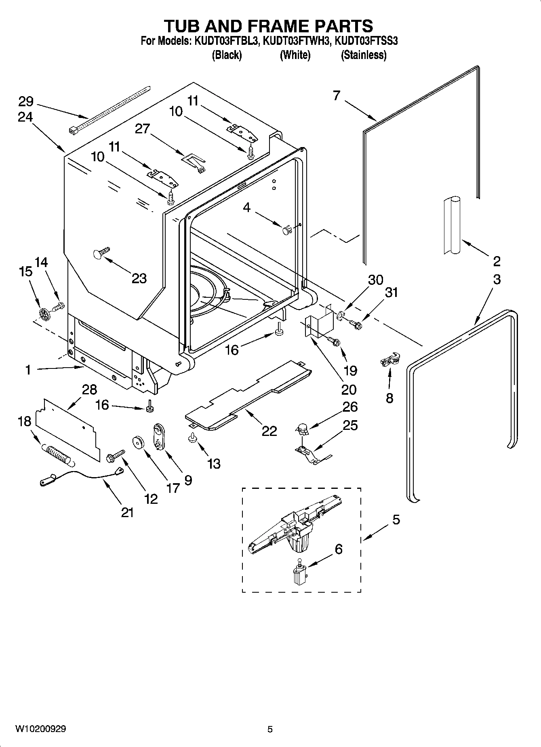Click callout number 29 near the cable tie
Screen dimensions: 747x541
coord(25,101)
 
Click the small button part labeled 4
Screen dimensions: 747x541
coord(286,231)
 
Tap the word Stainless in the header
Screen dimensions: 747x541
coord(364,55)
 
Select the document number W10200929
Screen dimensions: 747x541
coord(41,729)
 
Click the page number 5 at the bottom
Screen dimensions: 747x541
coord(270,729)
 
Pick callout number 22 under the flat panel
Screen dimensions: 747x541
coord(269,431)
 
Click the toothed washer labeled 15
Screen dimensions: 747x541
coord(45,314)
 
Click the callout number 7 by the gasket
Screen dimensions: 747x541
coord(337,95)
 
